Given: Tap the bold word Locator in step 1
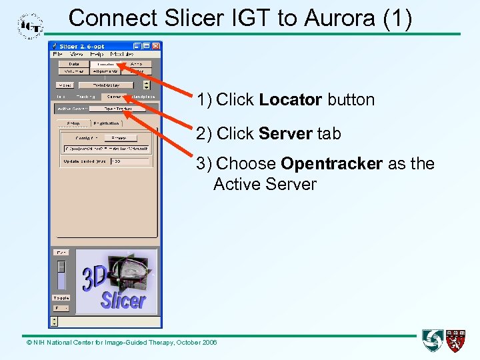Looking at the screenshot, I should click(x=291, y=100).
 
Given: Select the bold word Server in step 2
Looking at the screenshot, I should click(x=286, y=133).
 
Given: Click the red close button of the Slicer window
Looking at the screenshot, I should click(x=156, y=46).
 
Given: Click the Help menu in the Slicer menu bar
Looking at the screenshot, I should click(x=97, y=54).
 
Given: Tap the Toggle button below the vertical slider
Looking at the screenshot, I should click(x=61, y=297).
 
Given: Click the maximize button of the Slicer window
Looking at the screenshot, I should click(x=146, y=46).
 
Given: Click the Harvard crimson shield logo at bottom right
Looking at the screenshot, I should click(x=456, y=340).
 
